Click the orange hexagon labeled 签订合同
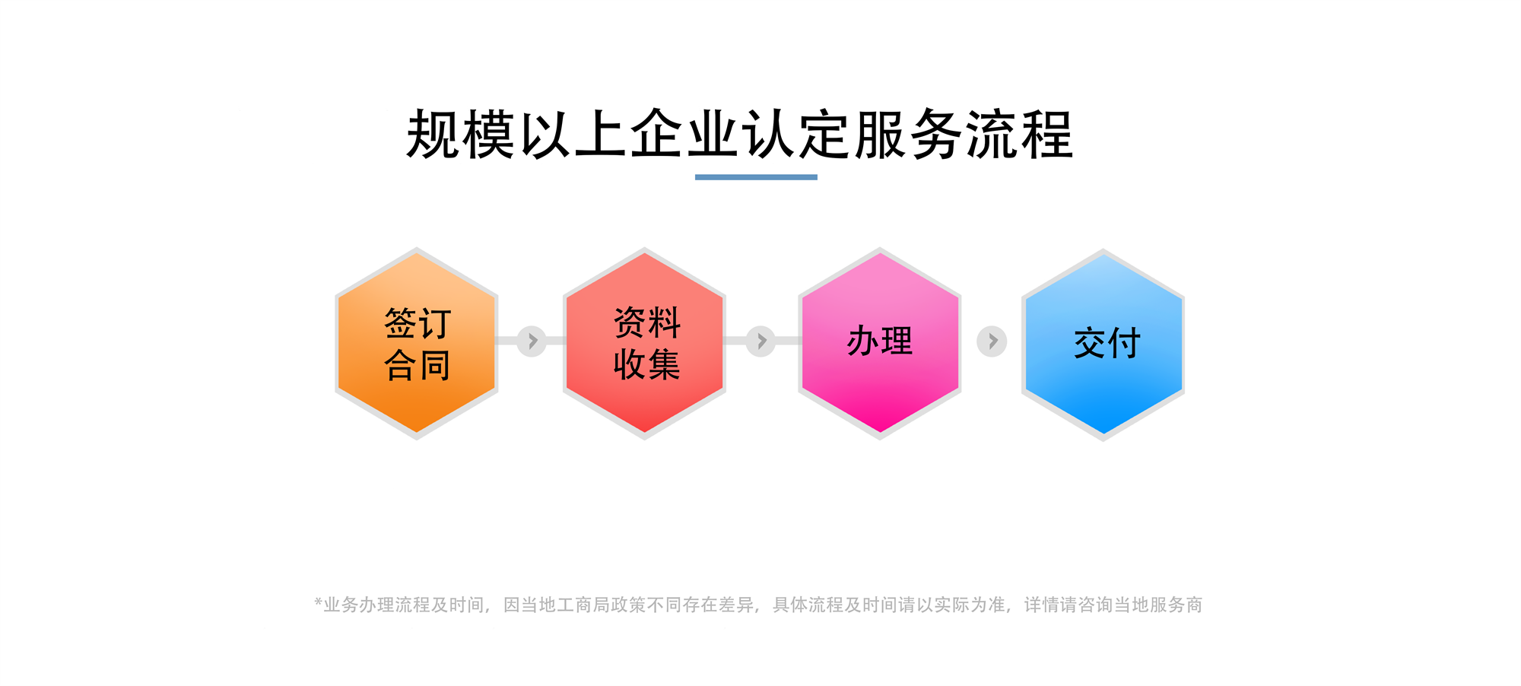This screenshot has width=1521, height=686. pyautogui.click(x=417, y=344)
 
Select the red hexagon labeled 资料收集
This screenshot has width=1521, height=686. pyautogui.click(x=644, y=344)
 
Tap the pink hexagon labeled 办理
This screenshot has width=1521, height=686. pyautogui.click(x=880, y=344)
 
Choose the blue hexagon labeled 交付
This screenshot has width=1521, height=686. pyautogui.click(x=1103, y=345)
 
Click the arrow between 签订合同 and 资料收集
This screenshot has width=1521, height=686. pyautogui.click(x=532, y=341)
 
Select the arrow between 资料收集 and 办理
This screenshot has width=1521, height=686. pyautogui.click(x=761, y=341)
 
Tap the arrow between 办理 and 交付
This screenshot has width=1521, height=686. pyautogui.click(x=992, y=341)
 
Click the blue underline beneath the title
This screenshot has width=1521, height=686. pyautogui.click(x=756, y=177)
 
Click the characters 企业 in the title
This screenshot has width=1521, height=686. pyautogui.click(x=685, y=135)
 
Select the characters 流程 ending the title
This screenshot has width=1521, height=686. pyautogui.click(x=1020, y=135)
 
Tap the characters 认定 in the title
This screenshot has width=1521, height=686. pyautogui.click(x=797, y=135)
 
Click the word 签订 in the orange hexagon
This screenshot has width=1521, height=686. pyautogui.click(x=418, y=323)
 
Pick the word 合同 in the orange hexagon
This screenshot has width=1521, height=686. pyautogui.click(x=418, y=365)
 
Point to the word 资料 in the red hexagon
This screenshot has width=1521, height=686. pyautogui.click(x=647, y=322)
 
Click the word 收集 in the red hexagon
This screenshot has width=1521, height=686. pyautogui.click(x=647, y=364)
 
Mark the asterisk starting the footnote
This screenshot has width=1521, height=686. pyautogui.click(x=319, y=602)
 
